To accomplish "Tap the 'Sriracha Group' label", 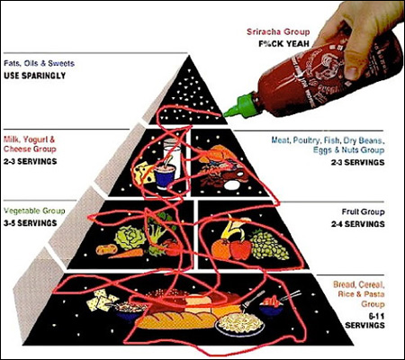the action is pos(278,31).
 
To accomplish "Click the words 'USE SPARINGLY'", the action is pos(35,76).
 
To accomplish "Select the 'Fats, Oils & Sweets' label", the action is pos(39,63).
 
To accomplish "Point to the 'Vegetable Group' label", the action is pos(34,211).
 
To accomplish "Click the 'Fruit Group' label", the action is pos(363,211).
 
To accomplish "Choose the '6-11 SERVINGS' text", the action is pos(364,320).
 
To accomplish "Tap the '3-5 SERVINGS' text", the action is pos(31,223).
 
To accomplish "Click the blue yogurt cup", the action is pos(165,177).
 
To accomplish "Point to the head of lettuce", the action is pos(130,238).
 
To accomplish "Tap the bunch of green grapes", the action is pos(269,245).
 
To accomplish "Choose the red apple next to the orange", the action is pos(240,249).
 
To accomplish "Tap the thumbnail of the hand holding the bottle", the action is pos(352,71).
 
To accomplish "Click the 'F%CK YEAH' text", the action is pos(283,44).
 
